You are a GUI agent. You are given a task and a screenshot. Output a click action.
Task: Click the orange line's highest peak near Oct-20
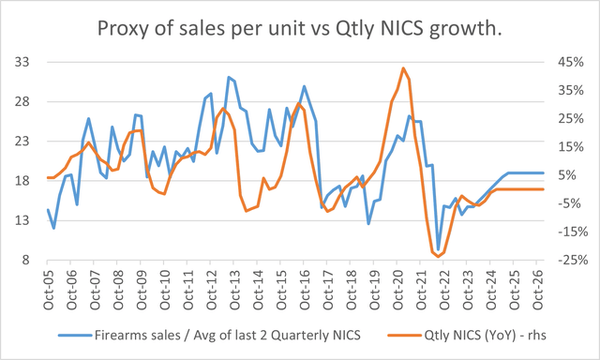click(403, 68)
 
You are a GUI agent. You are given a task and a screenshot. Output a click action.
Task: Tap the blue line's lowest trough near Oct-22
click(438, 250)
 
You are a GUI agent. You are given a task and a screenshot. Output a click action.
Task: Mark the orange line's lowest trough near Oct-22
click(439, 255)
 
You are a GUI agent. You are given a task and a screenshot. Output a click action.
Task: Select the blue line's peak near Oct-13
click(229, 77)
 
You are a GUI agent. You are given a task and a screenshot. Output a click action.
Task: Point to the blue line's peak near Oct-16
click(304, 86)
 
